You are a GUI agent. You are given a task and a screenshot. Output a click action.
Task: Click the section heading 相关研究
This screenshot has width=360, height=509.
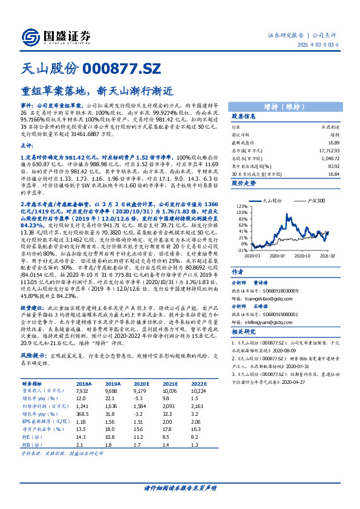(x=244, y=332)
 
